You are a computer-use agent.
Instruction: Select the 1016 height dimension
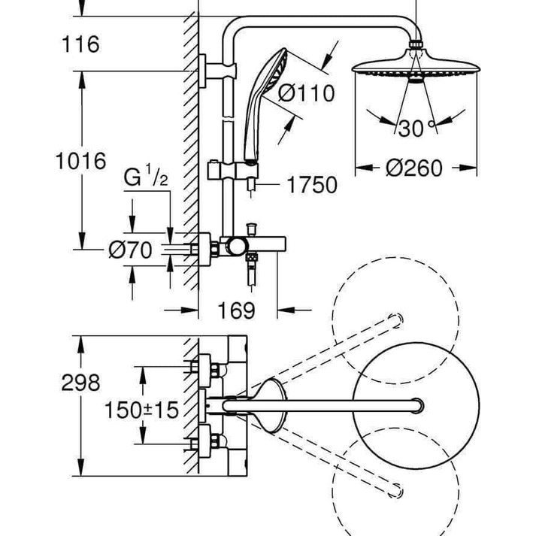82,161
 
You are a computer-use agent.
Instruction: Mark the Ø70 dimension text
131,250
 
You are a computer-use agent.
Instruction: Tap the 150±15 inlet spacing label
141,410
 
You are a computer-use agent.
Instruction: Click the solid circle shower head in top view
407,407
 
